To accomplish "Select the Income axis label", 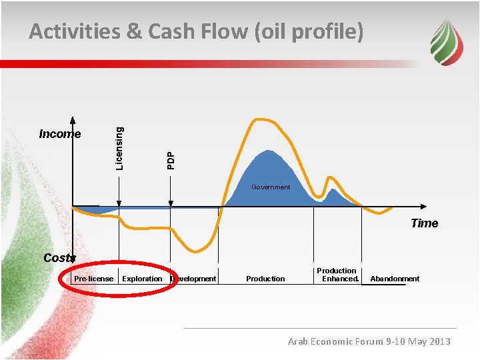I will click(x=60, y=134).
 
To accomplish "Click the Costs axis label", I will click(x=59, y=258).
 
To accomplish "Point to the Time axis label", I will click(x=424, y=223).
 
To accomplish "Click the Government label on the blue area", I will click(x=271, y=187).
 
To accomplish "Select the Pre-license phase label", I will click(x=93, y=279).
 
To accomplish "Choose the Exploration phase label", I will click(x=142, y=279).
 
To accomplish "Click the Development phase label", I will click(x=194, y=279).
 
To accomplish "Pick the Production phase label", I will click(x=265, y=279).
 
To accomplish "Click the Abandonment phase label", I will click(x=395, y=279).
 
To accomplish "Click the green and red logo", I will click(x=445, y=41).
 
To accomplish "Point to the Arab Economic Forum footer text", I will click(x=369, y=341).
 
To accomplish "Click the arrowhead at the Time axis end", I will click(x=425, y=206).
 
